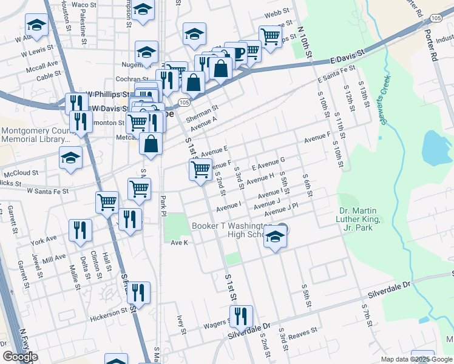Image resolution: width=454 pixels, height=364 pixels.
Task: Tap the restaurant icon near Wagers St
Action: click(x=242, y=317)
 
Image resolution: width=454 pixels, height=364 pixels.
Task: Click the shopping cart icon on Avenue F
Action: click(x=200, y=169)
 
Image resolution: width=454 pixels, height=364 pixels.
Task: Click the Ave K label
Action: click(x=180, y=243)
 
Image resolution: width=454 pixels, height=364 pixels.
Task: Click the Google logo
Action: click(x=20, y=357)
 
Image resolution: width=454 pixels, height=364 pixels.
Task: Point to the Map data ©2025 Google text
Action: click(x=416, y=359)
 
